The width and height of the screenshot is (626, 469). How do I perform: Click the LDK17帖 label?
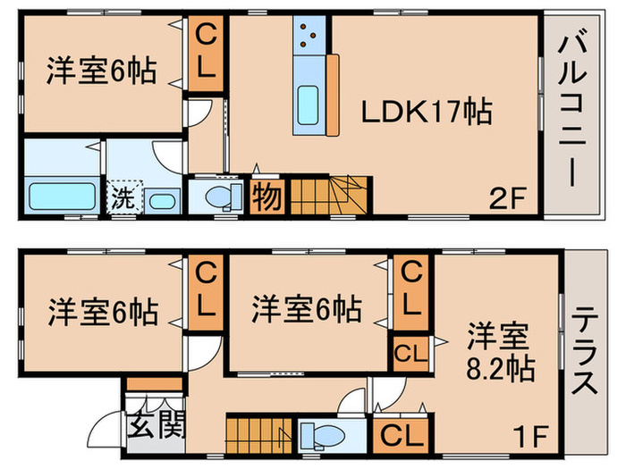pos(426,113)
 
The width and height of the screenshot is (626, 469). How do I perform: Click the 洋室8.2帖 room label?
pos(499,353)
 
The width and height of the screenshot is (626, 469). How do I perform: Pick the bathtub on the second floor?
pos(62,195)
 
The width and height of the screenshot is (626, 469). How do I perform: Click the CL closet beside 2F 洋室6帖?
pos(206,55)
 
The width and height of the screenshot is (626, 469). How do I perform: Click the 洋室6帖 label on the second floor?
pos(102,72)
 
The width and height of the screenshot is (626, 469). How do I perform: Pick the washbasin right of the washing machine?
pos(162,199)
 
